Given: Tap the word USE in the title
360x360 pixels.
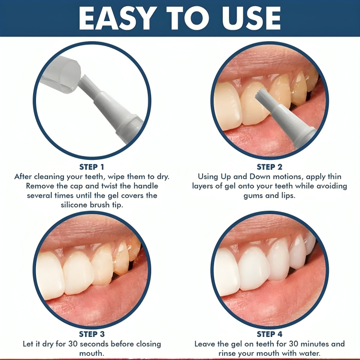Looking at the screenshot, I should [249, 19].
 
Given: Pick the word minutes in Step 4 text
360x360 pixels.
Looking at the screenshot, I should [314, 344].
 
